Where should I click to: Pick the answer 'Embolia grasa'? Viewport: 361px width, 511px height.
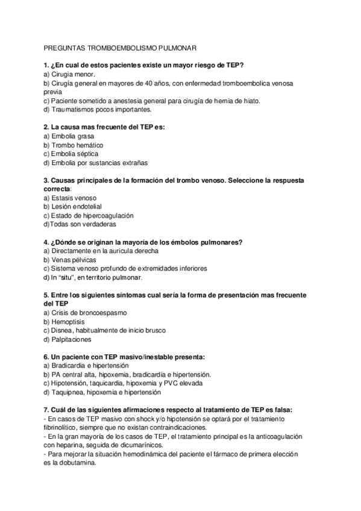[73, 136]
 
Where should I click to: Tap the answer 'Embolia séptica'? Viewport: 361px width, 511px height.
[74, 154]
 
